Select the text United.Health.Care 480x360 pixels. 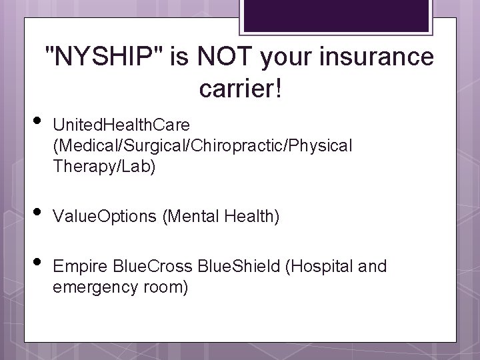(121, 125)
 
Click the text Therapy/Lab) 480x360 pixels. (104, 167)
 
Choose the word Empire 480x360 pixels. (75, 267)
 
